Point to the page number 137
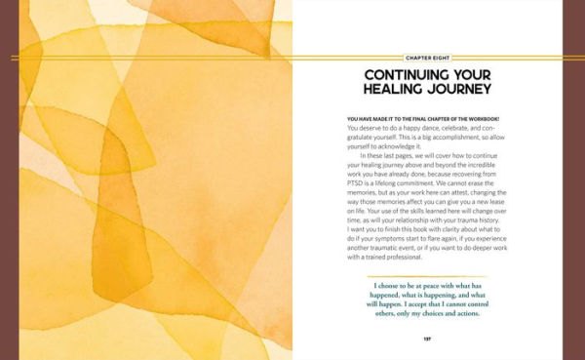tap(427, 339)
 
